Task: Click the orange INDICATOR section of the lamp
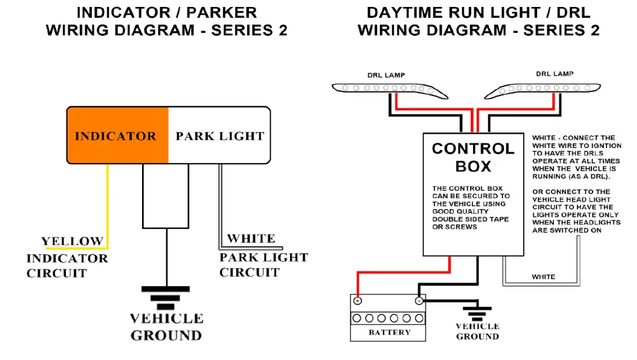click(118, 135)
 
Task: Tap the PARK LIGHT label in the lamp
click(220, 136)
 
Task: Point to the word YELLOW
click(72, 241)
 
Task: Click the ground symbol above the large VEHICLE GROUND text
click(166, 298)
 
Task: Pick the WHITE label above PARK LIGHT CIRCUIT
click(251, 238)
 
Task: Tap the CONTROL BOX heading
click(474, 157)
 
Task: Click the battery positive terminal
click(357, 301)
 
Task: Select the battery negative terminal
click(419, 300)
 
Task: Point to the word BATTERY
click(390, 332)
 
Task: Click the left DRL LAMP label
click(386, 75)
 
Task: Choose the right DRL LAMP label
click(554, 74)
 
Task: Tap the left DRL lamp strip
click(390, 90)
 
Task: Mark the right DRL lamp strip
click(542, 91)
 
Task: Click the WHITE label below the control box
click(543, 277)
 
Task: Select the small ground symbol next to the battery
click(478, 313)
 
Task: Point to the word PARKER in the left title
click(221, 13)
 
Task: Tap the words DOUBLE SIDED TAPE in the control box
click(471, 219)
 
